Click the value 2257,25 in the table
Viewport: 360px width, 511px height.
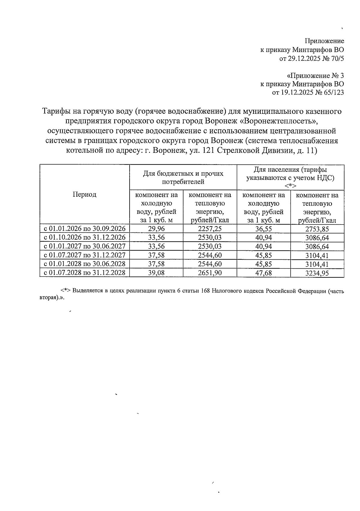[210, 229]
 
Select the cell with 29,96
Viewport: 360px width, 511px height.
[156, 229]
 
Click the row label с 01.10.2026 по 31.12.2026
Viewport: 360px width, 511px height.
[85, 238]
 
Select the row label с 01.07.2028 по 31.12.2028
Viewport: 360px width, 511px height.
[85, 273]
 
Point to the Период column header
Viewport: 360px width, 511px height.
[85, 195]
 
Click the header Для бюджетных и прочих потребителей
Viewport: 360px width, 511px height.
[183, 177]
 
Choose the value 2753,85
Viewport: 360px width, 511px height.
[317, 229]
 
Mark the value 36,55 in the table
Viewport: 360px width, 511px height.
[263, 229]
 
